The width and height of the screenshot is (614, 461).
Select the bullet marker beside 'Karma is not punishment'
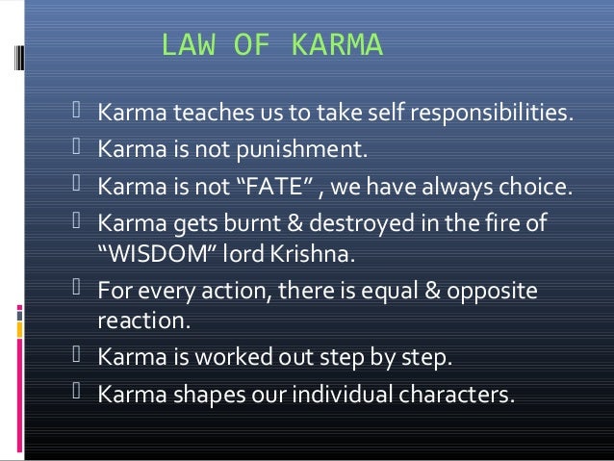[80, 150]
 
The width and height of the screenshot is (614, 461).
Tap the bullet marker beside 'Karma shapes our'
[80, 393]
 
